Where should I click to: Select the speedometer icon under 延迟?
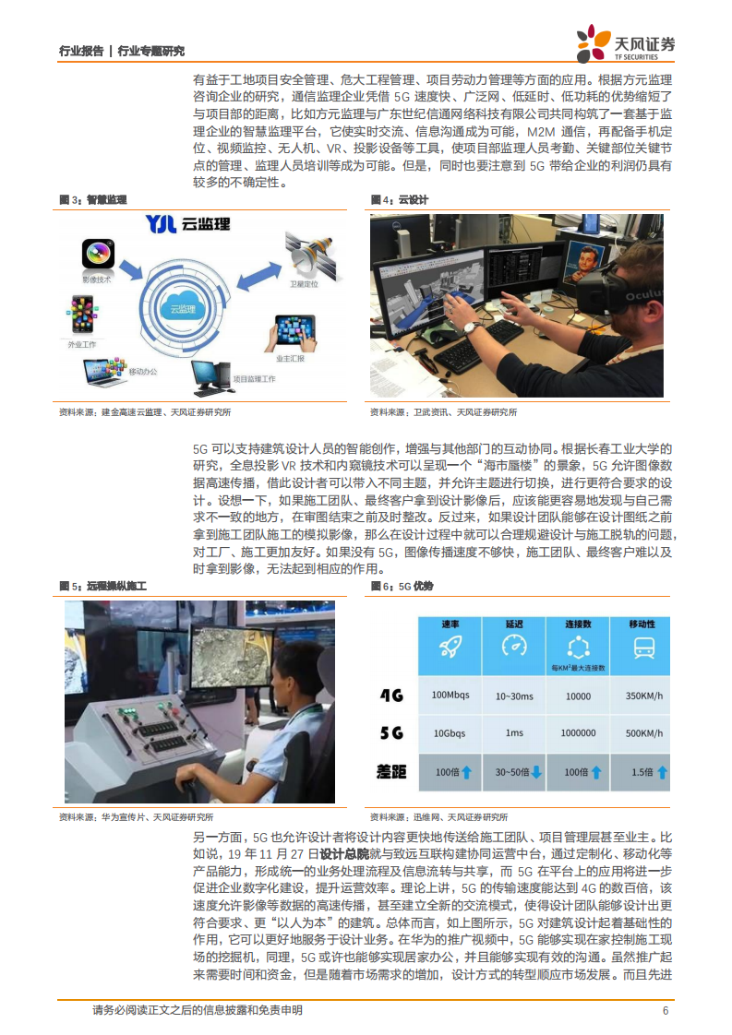click(513, 647)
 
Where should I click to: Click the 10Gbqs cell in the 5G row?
click(450, 733)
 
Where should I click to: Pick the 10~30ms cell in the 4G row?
click(513, 696)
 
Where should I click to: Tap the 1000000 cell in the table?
click(578, 733)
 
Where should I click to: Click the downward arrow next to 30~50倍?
click(535, 771)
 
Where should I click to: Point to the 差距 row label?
click(393, 771)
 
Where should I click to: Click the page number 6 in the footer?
click(666, 1010)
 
